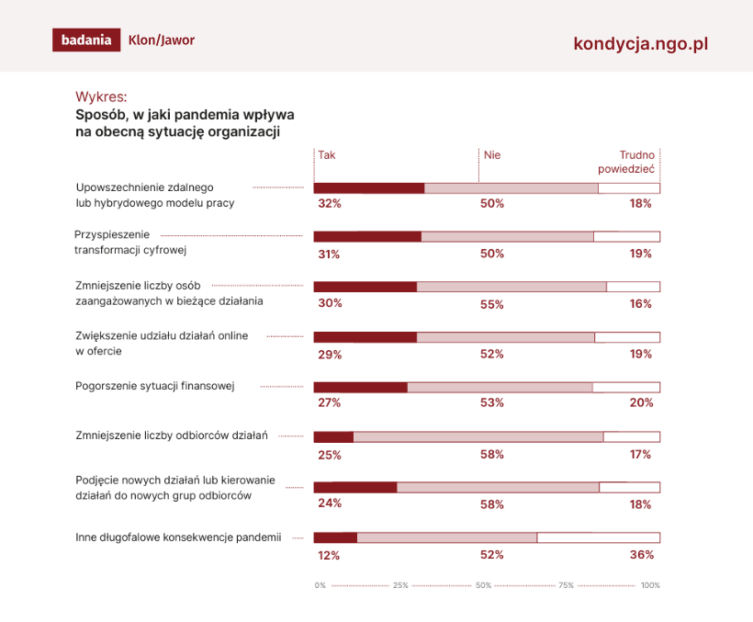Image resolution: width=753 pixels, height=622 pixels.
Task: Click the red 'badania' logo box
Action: click(x=86, y=40)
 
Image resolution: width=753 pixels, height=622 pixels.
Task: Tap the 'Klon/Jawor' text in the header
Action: click(x=162, y=40)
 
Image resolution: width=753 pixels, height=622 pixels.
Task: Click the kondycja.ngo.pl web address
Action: click(x=641, y=44)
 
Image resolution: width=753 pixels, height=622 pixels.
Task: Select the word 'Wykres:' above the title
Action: click(x=101, y=97)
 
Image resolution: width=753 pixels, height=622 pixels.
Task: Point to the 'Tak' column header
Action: click(x=327, y=155)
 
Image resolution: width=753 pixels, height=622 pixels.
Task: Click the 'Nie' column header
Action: click(x=492, y=155)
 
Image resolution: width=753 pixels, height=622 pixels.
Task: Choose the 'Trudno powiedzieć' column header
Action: click(x=626, y=162)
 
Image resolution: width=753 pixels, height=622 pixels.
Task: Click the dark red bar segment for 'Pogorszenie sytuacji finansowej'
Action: click(x=361, y=387)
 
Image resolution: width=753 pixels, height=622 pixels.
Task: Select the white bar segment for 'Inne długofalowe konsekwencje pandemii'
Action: click(x=599, y=537)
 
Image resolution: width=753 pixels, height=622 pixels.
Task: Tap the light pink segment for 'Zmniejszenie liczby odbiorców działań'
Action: click(x=478, y=436)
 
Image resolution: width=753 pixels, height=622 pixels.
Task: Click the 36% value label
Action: click(x=642, y=555)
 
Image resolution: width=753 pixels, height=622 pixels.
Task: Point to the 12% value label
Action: click(x=329, y=556)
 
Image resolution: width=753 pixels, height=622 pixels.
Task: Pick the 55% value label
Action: click(x=492, y=304)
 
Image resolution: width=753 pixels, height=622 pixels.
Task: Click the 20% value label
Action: click(x=642, y=402)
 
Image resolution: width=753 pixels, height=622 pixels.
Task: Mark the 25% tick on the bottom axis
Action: click(x=400, y=585)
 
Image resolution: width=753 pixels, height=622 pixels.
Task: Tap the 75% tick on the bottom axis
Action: click(x=567, y=585)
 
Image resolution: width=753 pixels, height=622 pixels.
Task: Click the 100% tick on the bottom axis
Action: click(x=650, y=585)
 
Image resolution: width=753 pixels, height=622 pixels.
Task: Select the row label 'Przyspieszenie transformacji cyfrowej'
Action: click(x=130, y=243)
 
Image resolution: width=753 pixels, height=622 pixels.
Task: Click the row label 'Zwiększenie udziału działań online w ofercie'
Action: click(x=162, y=344)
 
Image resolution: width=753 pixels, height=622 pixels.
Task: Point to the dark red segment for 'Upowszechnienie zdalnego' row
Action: click(x=369, y=188)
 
